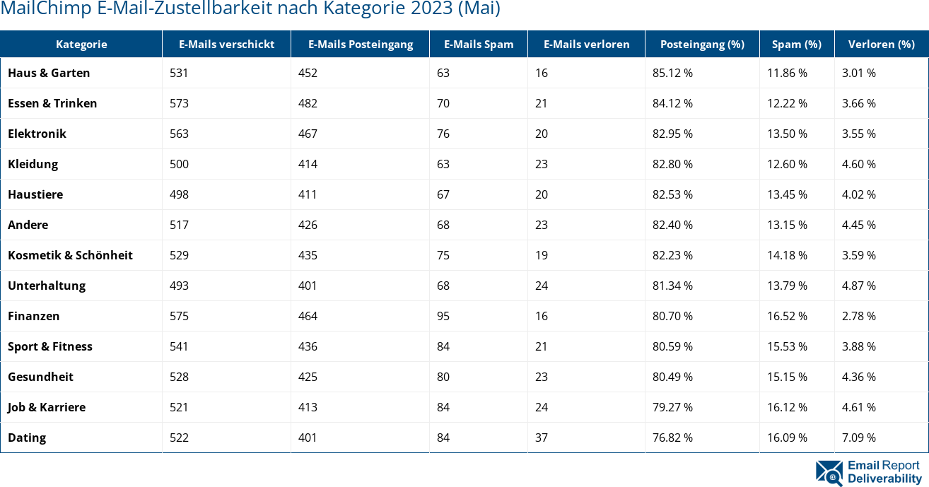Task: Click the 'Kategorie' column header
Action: (81, 44)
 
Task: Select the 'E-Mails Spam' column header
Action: (479, 44)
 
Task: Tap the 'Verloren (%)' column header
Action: (881, 44)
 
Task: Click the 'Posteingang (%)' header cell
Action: (702, 44)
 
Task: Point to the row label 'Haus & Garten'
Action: (49, 73)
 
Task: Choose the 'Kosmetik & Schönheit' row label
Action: (70, 255)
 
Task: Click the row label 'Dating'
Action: (27, 438)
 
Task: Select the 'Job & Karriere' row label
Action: (47, 407)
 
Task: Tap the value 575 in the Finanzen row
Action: (179, 316)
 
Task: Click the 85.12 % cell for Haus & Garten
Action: (672, 73)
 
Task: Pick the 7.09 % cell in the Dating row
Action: (858, 438)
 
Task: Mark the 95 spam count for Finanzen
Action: (443, 316)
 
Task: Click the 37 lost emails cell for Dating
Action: (542, 438)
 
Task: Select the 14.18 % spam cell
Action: (788, 255)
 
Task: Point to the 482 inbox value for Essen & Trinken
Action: (308, 103)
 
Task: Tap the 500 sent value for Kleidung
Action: (179, 164)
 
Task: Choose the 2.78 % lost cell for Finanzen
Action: (858, 316)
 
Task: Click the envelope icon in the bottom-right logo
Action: (829, 473)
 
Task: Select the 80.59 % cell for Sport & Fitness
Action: (672, 346)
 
